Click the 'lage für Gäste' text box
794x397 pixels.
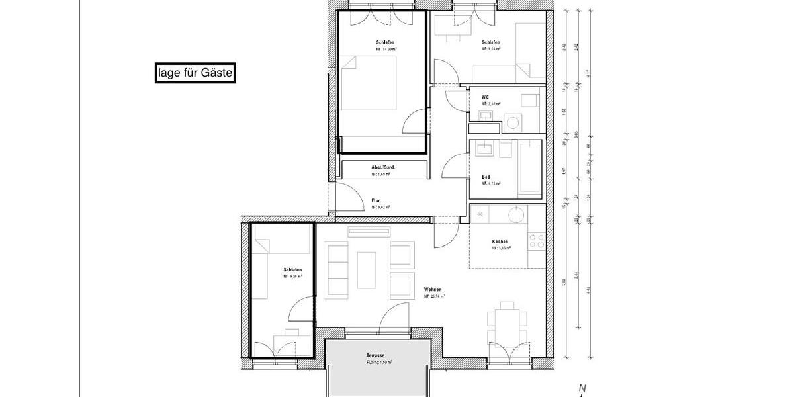tap(195, 73)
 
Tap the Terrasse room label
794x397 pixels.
tap(375, 355)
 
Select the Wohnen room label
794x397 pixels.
tap(433, 290)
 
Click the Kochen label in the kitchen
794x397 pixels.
tap(500, 242)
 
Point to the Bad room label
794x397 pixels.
tap(486, 177)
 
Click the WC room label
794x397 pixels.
tap(485, 97)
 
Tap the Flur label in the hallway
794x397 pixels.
tap(376, 200)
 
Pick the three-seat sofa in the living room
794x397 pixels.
tap(336, 269)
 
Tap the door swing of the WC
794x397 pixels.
tap(455, 100)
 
